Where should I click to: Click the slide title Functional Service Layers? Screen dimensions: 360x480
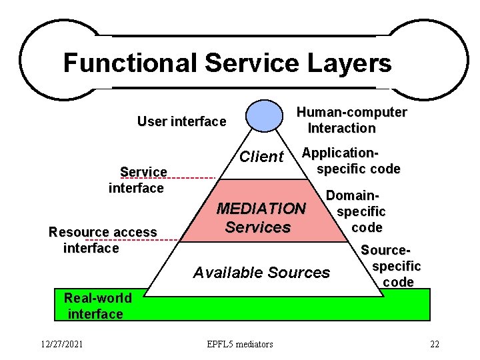coord(227,63)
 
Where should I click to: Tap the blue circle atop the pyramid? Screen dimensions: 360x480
coord(264,115)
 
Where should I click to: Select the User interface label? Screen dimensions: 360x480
coord(181,121)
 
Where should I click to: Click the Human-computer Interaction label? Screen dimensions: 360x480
coord(351,120)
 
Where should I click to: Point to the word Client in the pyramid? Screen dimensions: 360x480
coord(261,157)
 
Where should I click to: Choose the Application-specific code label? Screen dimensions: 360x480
coord(351,161)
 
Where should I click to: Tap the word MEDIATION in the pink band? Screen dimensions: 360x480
coord(261,209)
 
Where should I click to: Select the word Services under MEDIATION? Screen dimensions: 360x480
coord(258,227)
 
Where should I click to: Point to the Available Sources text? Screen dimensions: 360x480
coord(261,272)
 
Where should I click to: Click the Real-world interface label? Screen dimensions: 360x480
coord(97,305)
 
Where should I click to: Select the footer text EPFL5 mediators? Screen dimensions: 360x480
coord(239,344)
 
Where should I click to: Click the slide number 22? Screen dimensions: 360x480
coord(435,344)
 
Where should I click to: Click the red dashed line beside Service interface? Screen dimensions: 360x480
coord(192,179)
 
